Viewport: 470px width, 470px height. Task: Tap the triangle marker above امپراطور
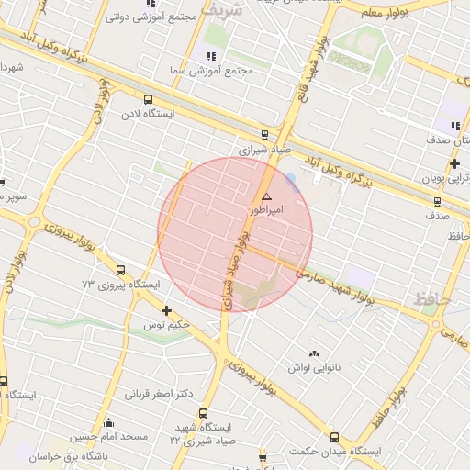point(267,196)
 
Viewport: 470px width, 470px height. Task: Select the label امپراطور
point(268,210)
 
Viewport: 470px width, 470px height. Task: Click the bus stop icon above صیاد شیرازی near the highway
point(265,134)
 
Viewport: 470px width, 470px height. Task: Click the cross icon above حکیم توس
point(165,310)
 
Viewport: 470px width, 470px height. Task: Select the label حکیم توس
point(165,325)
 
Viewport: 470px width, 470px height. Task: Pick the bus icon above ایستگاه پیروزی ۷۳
point(121,270)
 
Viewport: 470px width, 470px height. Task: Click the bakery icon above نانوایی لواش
point(315,353)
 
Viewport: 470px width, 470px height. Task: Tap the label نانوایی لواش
point(315,367)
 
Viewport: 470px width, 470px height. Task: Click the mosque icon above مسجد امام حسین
point(109,422)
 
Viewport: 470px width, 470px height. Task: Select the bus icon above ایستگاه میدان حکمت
point(334,438)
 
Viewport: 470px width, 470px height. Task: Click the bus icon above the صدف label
point(437,202)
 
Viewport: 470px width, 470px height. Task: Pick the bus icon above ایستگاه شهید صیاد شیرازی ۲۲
point(203,414)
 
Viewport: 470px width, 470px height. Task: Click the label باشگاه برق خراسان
point(73,455)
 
